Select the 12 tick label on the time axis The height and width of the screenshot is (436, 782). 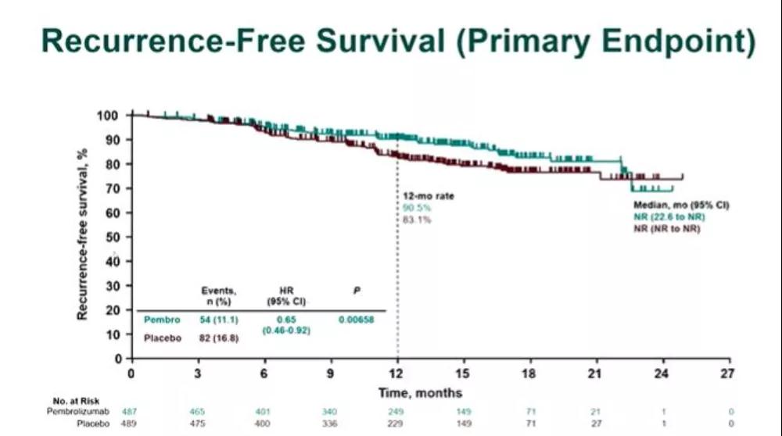click(397, 373)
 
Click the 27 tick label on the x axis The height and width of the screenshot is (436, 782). click(729, 373)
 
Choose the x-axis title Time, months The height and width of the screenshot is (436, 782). click(420, 392)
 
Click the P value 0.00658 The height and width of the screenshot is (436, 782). click(357, 320)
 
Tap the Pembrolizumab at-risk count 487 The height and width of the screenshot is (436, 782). click(131, 410)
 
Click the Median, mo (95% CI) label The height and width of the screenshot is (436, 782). click(680, 205)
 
